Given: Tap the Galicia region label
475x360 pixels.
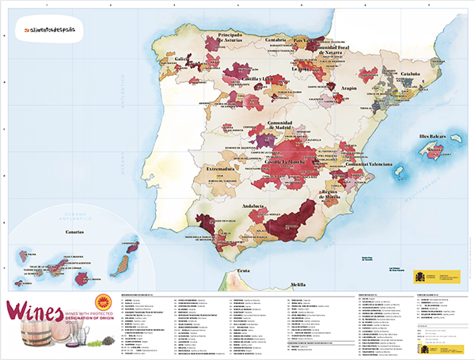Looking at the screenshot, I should point(183,59).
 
